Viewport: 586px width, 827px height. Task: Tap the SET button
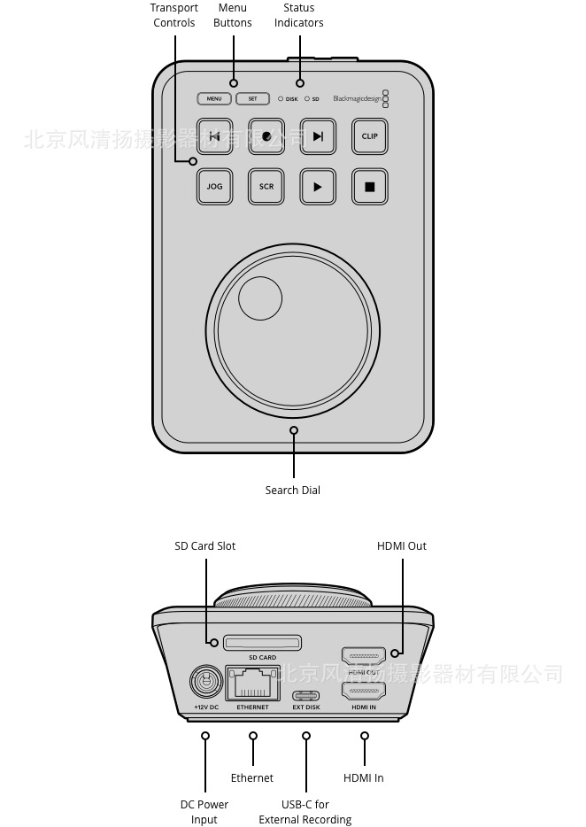252,99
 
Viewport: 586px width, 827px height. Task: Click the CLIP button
369,136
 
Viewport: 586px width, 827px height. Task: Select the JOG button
214,187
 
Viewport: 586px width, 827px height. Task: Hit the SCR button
266,187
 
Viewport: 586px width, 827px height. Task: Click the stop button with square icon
370,187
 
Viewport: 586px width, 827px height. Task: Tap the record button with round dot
266,136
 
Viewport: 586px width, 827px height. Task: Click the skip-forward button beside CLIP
318,136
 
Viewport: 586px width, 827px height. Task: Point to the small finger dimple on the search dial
260,298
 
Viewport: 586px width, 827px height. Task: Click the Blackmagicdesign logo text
358,99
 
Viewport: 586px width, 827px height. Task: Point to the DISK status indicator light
281,99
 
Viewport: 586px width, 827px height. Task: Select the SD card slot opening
262,642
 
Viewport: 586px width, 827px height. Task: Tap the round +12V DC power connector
206,683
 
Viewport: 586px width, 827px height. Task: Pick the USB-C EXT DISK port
306,694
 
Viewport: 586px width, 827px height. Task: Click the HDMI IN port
363,692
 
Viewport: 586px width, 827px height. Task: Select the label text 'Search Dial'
293,491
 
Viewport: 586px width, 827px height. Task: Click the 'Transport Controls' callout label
174,15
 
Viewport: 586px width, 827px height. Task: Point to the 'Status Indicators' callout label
299,15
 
